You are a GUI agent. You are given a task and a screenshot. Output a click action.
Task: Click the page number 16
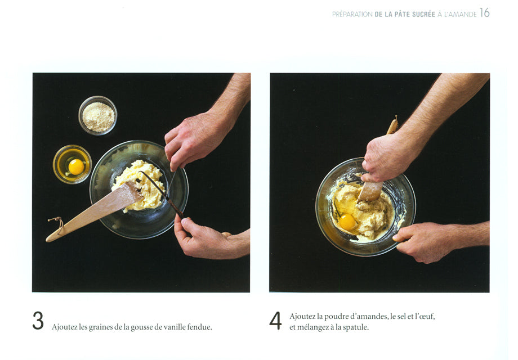pos(484,13)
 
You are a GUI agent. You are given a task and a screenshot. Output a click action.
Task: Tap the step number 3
pos(38,321)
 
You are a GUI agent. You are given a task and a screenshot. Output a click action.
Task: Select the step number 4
pos(275,321)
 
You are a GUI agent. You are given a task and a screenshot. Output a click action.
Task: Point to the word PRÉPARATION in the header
pos(352,14)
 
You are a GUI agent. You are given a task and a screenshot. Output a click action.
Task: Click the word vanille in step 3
pos(175,327)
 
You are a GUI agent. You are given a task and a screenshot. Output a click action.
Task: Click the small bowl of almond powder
pos(98,115)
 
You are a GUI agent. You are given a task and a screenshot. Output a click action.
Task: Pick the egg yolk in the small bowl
pos(76,166)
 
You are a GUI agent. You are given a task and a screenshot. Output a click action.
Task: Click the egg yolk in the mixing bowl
pos(347,222)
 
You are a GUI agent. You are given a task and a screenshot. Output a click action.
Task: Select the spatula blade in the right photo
pos(370,191)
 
